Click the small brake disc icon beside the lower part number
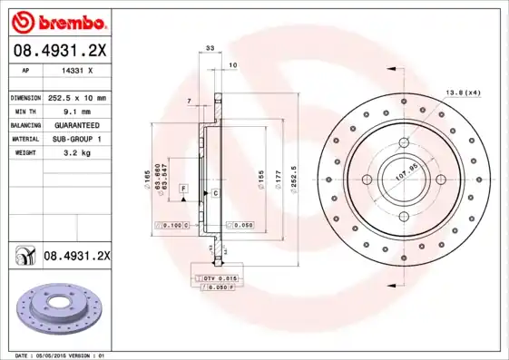(x=23, y=257)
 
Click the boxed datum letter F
(x=183, y=188)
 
